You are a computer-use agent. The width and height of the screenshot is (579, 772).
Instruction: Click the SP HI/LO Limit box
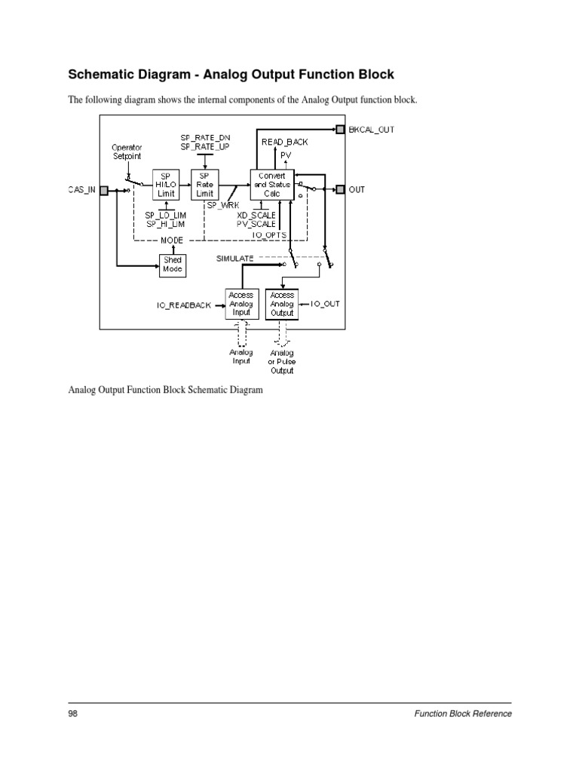click(x=166, y=183)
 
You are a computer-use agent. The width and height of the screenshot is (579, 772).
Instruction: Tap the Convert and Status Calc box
click(x=271, y=183)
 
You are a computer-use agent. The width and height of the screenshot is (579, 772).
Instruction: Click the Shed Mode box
click(x=173, y=265)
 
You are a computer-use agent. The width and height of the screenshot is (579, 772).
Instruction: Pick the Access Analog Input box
click(x=241, y=304)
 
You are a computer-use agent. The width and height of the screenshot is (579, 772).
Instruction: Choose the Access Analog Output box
click(x=283, y=304)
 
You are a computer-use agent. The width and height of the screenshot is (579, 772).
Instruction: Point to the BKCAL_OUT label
click(x=372, y=130)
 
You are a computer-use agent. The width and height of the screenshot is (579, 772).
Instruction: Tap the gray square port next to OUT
click(x=340, y=189)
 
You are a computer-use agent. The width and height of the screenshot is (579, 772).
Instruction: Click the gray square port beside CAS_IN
click(x=104, y=190)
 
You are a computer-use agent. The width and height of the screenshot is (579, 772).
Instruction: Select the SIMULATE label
click(x=235, y=258)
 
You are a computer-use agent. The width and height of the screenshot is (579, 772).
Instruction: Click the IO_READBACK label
click(x=184, y=305)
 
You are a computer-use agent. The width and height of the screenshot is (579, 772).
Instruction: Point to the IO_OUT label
click(x=326, y=303)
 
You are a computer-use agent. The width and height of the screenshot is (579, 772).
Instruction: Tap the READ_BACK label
click(x=284, y=142)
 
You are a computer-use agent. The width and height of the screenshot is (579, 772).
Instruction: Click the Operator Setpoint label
click(x=126, y=152)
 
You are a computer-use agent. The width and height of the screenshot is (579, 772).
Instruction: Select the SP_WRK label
click(x=219, y=205)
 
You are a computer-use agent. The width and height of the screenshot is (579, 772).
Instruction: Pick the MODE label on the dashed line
click(x=173, y=240)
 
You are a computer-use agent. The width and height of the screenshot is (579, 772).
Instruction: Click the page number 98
click(x=73, y=714)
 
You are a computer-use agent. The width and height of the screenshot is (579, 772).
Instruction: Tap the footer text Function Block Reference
click(x=463, y=714)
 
